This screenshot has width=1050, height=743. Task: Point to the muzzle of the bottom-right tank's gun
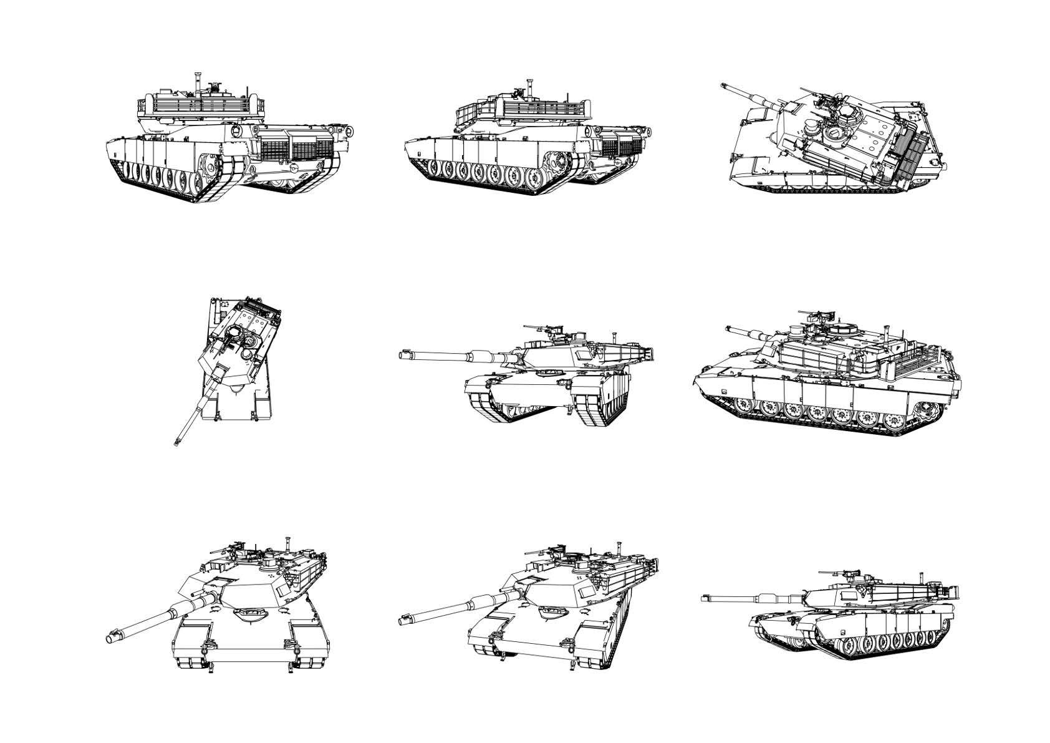pos(705,598)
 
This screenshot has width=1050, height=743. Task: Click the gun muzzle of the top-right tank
pos(725,86)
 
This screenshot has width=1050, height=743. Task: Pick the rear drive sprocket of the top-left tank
pos(210,165)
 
